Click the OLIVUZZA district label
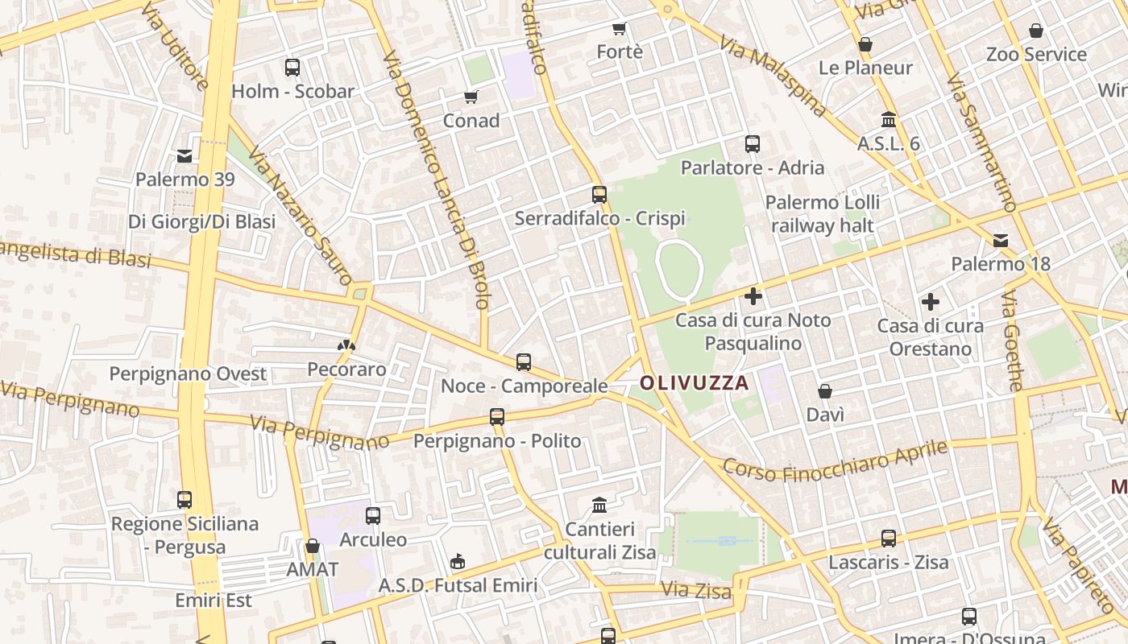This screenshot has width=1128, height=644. (x=695, y=383)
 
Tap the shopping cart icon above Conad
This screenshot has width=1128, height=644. (x=471, y=97)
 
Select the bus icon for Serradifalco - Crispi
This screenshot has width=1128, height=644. (x=599, y=194)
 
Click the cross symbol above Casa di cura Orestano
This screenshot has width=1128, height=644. (x=931, y=303)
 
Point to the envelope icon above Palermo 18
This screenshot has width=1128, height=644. (x=1001, y=240)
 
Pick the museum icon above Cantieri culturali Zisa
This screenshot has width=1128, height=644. (x=599, y=506)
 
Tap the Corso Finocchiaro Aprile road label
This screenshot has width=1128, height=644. (x=835, y=460)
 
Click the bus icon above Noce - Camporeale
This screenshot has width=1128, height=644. (x=524, y=362)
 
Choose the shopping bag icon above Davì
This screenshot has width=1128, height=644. (x=825, y=392)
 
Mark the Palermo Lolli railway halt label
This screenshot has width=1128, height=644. (x=823, y=213)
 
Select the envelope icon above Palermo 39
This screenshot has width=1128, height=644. (x=185, y=155)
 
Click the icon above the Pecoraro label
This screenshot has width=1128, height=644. (x=346, y=345)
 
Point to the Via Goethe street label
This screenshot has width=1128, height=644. (x=1013, y=341)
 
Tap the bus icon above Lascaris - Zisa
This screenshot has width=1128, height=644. (x=888, y=538)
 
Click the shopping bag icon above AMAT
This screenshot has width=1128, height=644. (x=313, y=546)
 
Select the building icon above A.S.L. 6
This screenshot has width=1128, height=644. (x=889, y=120)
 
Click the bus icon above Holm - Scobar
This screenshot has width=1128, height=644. (x=292, y=68)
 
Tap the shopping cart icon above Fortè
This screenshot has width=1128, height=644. (x=620, y=29)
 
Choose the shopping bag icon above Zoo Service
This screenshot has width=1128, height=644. (x=1036, y=31)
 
